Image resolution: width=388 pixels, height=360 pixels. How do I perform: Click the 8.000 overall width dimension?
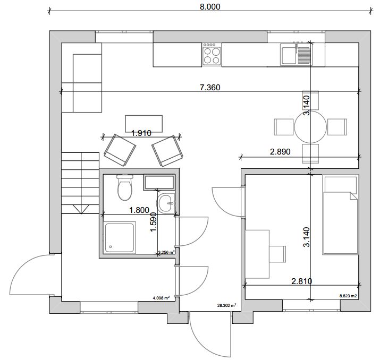point(210,6)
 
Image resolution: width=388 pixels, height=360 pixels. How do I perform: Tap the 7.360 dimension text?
point(210,87)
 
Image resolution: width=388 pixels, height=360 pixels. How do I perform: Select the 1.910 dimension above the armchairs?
point(141,133)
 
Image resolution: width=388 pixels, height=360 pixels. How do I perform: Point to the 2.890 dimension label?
point(280,151)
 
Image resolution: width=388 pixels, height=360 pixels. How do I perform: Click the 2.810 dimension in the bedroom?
point(302,281)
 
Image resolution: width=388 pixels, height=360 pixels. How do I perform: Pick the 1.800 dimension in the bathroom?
point(139,210)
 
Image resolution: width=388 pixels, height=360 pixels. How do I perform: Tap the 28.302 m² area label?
point(226,305)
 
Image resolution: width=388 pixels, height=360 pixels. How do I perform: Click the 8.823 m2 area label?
point(348,295)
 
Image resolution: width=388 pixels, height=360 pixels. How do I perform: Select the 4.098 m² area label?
point(162,298)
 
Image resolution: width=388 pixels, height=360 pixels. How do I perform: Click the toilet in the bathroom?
point(125,187)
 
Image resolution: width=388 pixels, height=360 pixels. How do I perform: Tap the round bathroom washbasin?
point(165,203)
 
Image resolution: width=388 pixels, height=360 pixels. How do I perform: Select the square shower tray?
point(120,237)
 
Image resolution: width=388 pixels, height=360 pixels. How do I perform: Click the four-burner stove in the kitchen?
point(212,54)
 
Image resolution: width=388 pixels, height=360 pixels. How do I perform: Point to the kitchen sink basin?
point(288,54)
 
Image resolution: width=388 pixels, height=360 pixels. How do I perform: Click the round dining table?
point(310,127)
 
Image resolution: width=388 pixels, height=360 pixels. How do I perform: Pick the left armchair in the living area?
point(120,150)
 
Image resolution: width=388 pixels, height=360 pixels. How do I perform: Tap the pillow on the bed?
point(341,184)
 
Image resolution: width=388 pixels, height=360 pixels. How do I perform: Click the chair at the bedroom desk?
point(277,254)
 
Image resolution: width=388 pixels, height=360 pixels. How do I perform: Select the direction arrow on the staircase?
point(80,209)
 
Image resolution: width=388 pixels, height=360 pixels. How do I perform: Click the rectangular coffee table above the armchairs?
point(144,123)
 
